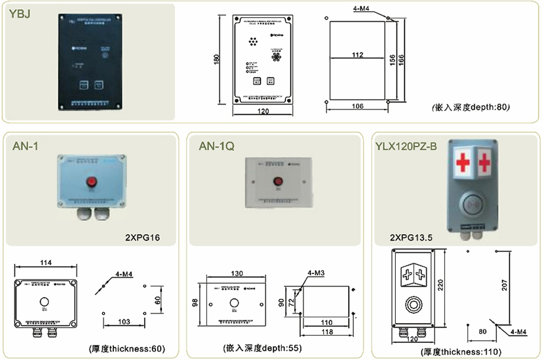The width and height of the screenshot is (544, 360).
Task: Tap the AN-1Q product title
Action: [216, 146]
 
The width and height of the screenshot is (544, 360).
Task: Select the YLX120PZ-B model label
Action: [406, 146]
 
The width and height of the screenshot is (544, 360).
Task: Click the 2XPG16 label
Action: [142, 236]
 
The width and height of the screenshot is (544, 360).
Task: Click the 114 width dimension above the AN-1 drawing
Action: [45, 262]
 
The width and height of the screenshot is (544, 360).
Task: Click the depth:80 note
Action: [471, 107]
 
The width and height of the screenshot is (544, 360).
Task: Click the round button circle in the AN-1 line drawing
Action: [45, 302]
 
